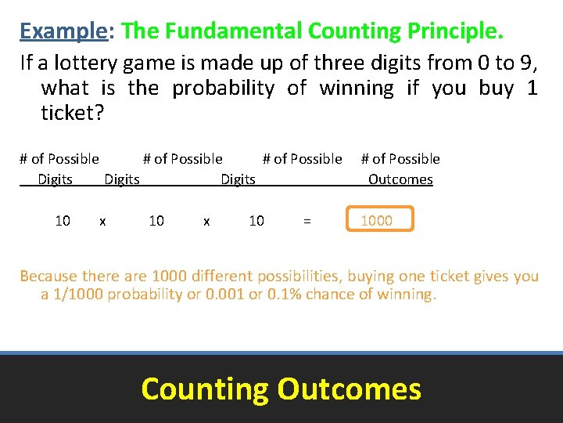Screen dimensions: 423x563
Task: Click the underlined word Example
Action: coord(63,31)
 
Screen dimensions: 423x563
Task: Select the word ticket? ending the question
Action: coord(72,113)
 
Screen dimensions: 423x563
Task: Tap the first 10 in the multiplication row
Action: coord(63,221)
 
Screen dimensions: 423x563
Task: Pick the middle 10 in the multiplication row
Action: coord(156,221)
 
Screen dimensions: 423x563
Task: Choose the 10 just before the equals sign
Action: coord(256,221)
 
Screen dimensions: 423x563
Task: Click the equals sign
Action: coord(307,222)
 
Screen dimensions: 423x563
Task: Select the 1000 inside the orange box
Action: coord(376,221)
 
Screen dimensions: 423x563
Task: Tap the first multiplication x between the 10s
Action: coord(102,222)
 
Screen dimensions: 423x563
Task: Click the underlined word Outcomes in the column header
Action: coord(400,179)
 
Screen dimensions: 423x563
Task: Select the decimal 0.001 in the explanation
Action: coord(222,295)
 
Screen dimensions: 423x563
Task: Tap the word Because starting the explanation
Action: coord(45,276)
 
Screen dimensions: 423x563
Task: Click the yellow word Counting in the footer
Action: coord(204,389)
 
